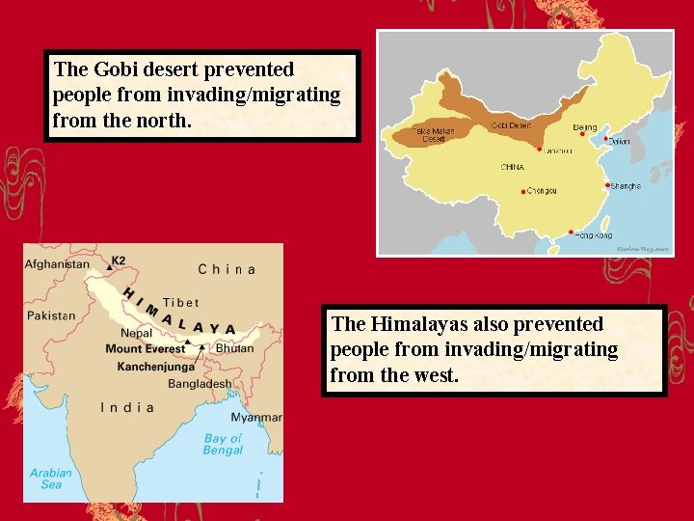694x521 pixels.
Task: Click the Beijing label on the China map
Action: pos(585,127)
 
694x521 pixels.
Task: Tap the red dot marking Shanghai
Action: pos(606,184)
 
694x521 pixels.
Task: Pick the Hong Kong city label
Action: pos(594,235)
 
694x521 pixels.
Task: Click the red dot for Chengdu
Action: pos(523,191)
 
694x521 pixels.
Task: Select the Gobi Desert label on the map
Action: pos(510,125)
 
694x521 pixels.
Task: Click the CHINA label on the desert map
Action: pos(512,167)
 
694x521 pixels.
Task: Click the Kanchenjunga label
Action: pos(156,367)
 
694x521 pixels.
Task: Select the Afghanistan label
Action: pos(57,264)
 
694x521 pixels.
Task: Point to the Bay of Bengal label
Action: pos(223,445)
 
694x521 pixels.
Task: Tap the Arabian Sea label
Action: pos(50,479)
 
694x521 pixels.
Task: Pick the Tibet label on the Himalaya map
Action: pos(181,302)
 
